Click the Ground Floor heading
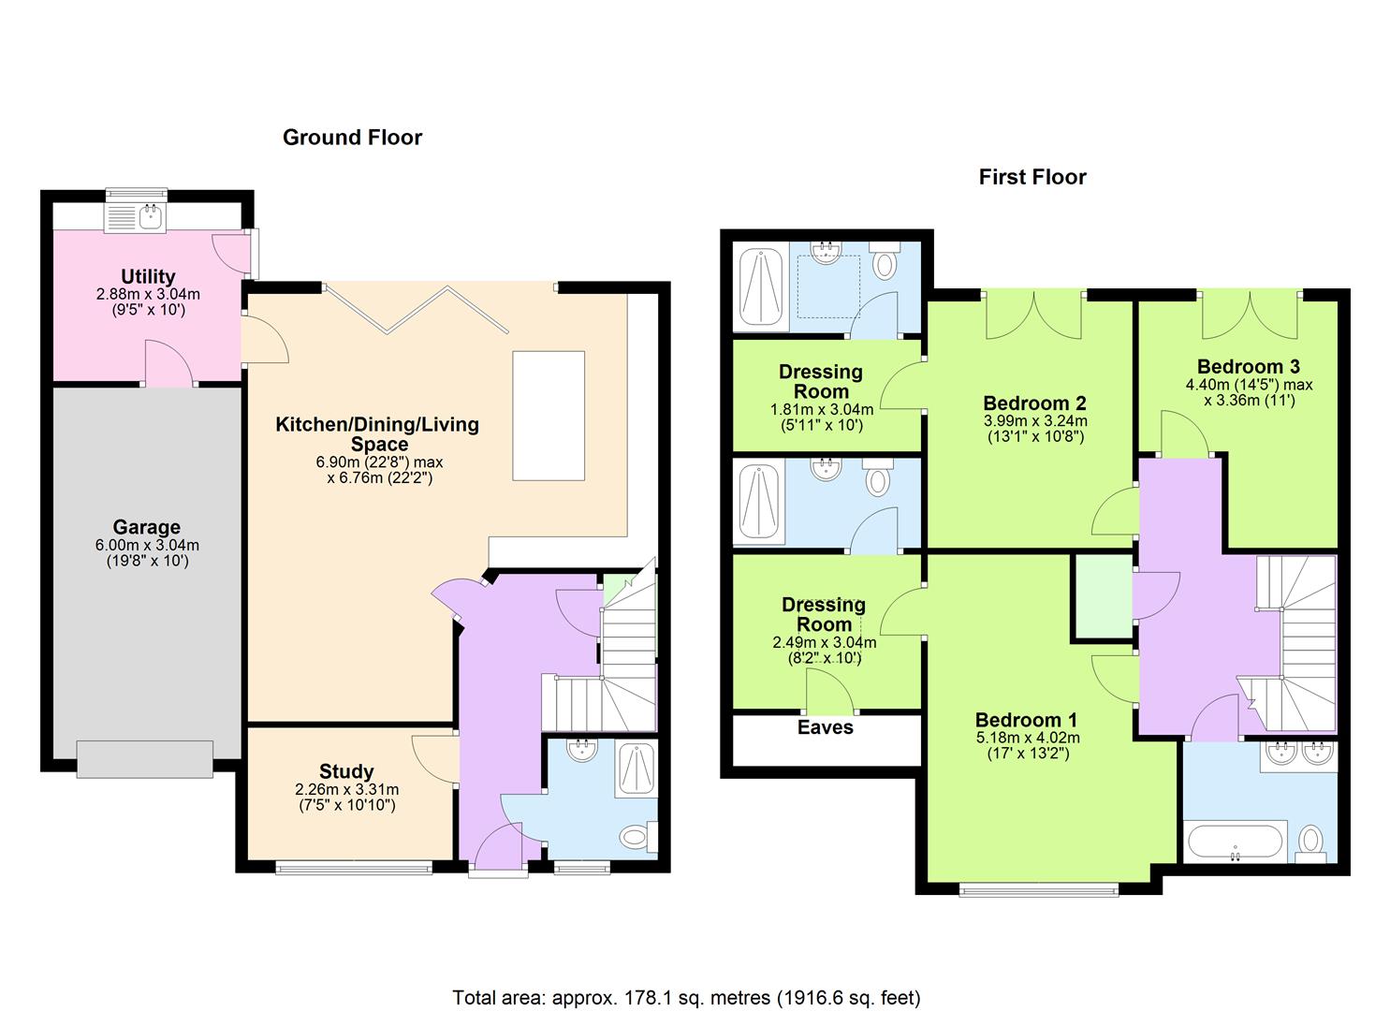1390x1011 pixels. (x=352, y=138)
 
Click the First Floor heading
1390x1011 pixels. (x=1032, y=177)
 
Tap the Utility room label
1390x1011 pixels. (x=148, y=276)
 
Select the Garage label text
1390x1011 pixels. (x=146, y=527)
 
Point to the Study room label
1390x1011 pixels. (x=346, y=771)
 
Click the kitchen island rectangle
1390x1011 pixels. (x=549, y=416)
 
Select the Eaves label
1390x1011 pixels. (x=825, y=727)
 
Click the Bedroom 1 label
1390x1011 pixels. (x=1026, y=720)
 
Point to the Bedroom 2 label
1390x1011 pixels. (x=1034, y=403)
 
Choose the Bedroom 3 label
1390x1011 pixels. (x=1248, y=366)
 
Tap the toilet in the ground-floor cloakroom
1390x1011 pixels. (x=636, y=834)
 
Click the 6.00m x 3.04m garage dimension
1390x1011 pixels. (x=148, y=546)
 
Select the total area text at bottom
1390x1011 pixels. (x=686, y=997)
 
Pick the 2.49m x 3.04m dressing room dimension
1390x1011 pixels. (x=824, y=643)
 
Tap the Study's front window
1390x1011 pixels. (x=354, y=869)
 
